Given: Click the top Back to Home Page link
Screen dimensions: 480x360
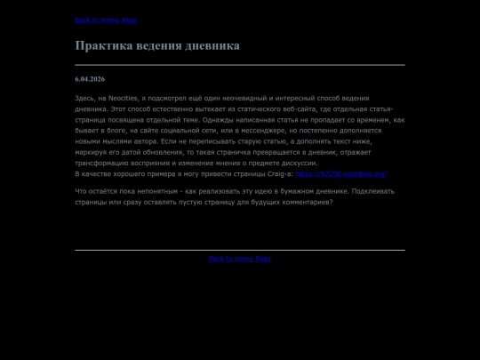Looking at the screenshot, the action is coord(106,20).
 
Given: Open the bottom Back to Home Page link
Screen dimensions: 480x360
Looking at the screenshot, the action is coord(239,259).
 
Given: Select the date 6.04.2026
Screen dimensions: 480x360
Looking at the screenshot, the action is coord(90,79).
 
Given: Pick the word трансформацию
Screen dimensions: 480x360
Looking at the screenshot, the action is coord(104,164).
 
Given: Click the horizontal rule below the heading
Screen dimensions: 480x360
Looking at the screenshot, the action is coord(239,65).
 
